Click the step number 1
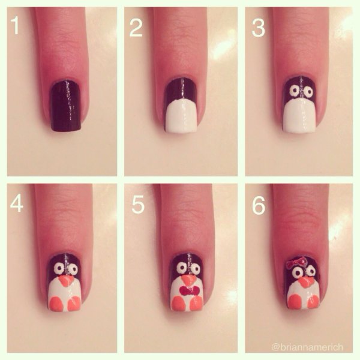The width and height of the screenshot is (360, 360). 15,26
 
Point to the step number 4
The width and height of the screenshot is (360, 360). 17,204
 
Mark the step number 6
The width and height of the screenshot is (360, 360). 259,205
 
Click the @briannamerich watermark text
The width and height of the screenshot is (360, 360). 307,347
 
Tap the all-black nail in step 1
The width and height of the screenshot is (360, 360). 66,106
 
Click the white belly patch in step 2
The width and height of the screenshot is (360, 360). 181,117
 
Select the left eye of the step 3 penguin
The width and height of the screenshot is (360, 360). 293,92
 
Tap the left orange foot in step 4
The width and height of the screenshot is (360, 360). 56,304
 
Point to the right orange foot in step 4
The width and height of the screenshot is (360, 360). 74,304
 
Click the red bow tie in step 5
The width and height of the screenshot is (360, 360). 190,291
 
